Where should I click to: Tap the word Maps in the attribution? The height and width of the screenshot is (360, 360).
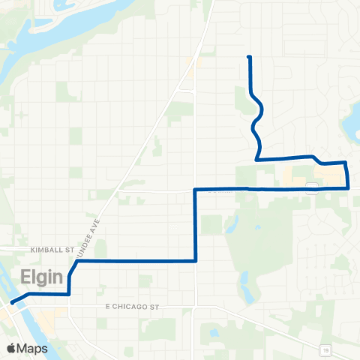[x=33, y=349]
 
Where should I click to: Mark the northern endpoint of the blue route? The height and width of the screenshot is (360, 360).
[x=248, y=57]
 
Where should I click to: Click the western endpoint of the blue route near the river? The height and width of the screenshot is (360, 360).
[x=11, y=303]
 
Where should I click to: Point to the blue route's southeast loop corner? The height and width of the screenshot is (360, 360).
[x=349, y=188]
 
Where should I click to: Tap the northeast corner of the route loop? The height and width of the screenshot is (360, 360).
[x=345, y=162]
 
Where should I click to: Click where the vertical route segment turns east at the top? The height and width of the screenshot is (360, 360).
[x=196, y=189]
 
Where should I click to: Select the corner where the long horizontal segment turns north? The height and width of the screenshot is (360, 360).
[x=196, y=261]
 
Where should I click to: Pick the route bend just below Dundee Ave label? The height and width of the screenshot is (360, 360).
[x=77, y=262]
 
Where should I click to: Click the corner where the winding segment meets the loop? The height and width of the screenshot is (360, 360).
[x=257, y=160]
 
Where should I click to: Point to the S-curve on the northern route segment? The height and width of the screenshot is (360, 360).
[x=258, y=112]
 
